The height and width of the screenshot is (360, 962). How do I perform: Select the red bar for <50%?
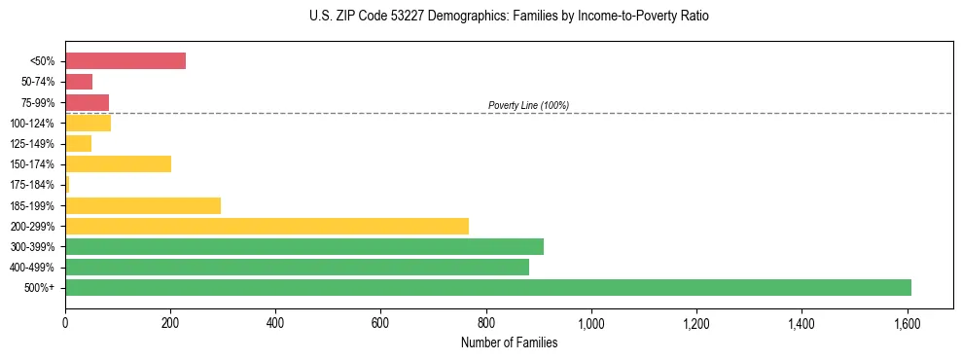[125, 60]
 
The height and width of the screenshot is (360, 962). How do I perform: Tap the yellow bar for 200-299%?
[267, 226]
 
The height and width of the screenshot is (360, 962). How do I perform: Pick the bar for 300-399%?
[304, 246]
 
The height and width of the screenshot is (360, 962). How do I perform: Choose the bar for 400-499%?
[297, 267]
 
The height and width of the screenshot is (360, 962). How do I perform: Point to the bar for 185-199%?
[143, 205]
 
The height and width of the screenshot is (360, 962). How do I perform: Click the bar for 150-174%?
[118, 163]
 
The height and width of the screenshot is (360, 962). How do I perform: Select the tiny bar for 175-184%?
[67, 184]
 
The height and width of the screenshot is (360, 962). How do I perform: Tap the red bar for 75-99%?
[87, 102]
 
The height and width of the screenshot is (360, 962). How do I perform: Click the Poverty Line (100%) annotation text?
[528, 105]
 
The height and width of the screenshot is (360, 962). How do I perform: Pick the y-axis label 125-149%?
[32, 144]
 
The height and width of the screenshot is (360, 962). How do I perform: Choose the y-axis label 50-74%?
[37, 82]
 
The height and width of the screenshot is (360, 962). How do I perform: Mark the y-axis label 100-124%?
[32, 123]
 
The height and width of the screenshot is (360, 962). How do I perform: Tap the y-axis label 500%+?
[41, 288]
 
